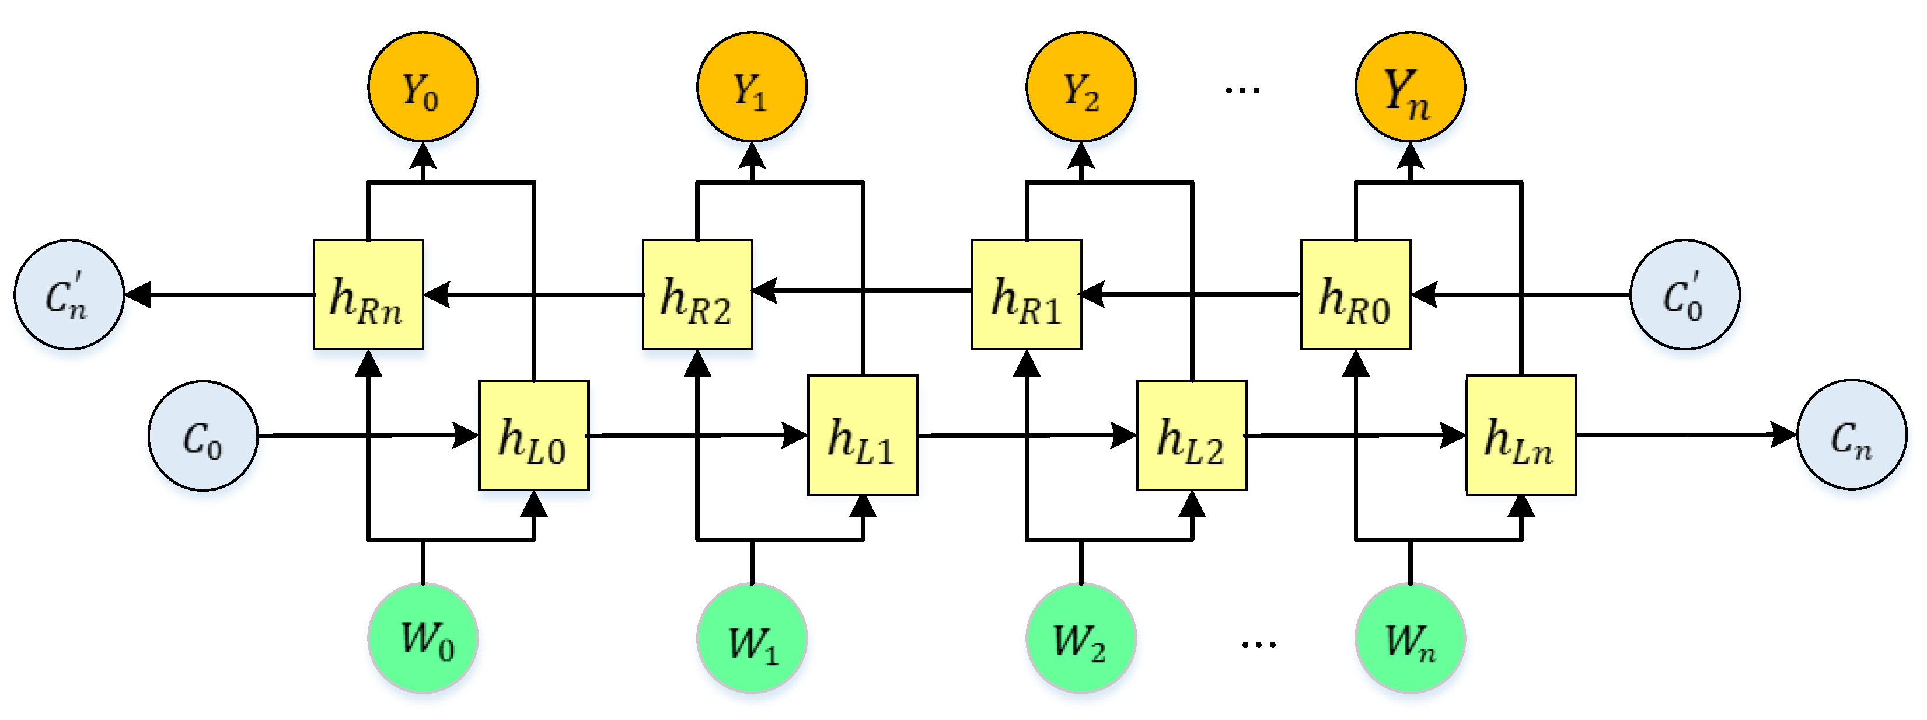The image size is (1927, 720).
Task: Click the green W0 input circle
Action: coord(423,638)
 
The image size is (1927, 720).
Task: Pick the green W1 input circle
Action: coord(752,638)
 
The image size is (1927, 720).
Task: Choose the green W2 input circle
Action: coord(1081,638)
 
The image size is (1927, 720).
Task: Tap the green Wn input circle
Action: coord(1410,638)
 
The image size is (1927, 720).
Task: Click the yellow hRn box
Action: coord(368,295)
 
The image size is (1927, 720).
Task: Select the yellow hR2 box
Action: coord(697,295)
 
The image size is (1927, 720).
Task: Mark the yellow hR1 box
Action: coord(1027,295)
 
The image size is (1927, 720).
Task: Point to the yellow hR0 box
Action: coord(1356,295)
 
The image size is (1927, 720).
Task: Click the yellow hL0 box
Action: coord(533,436)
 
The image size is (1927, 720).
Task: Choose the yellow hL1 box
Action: coord(863,436)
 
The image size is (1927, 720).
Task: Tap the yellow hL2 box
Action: coord(1192,436)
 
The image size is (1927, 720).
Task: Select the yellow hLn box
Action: coord(1521,436)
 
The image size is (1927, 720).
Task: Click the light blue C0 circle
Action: coord(203,436)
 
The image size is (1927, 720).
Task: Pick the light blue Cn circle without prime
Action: coord(1852,435)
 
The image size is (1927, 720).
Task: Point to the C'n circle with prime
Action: coord(69,295)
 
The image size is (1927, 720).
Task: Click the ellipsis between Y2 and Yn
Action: coord(1242,91)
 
